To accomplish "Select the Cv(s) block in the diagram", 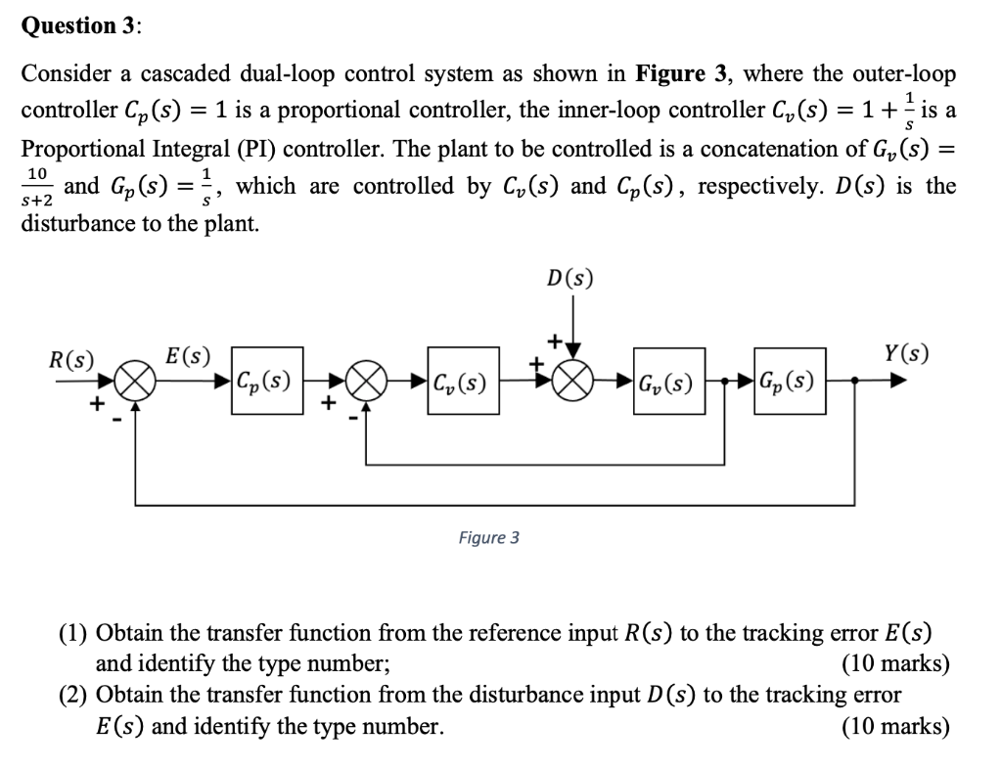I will (459, 381).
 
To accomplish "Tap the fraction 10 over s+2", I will (39, 186).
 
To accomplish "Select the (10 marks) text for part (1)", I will (894, 663).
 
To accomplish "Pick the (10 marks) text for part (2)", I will (894, 726).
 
